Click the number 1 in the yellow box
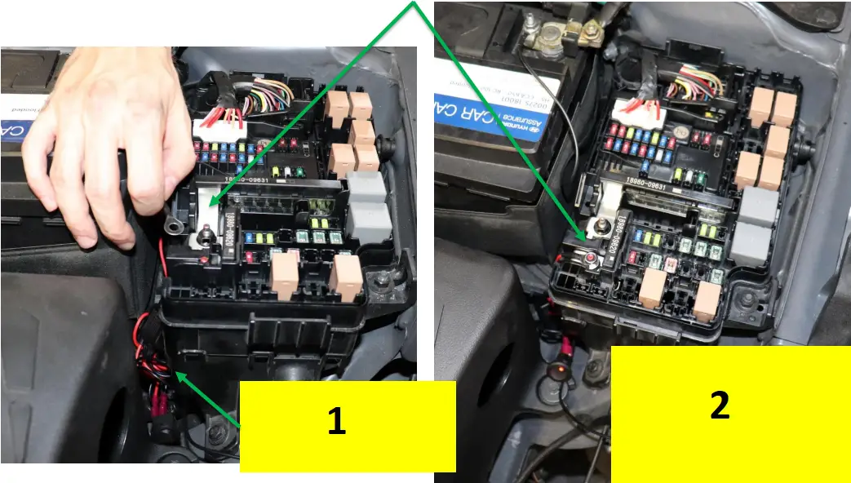pyautogui.click(x=336, y=421)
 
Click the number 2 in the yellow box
pyautogui.click(x=719, y=405)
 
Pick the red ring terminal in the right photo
pyautogui.click(x=589, y=259)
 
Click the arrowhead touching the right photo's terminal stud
pyautogui.click(x=582, y=235)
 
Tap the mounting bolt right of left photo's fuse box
pyautogui.click(x=381, y=283)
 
